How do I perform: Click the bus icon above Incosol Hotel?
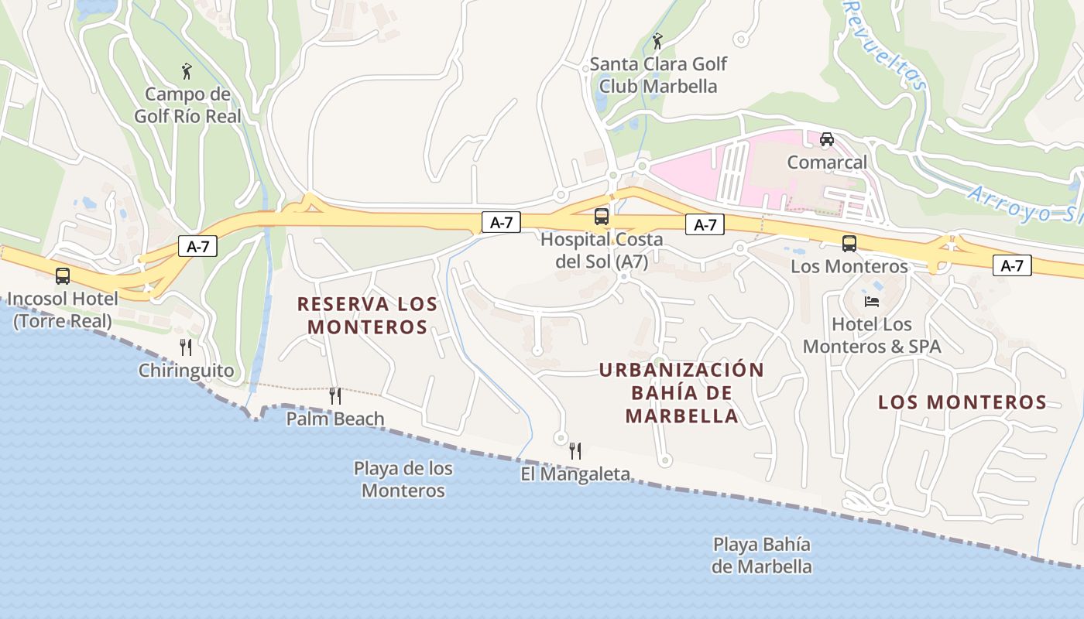click(63, 276)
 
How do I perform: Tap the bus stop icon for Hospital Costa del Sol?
click(602, 217)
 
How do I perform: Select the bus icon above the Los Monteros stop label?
click(849, 244)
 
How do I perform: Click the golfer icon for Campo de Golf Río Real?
click(187, 72)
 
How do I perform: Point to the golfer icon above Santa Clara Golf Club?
click(657, 41)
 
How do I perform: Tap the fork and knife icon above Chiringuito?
click(185, 347)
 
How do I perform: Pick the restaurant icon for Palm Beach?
click(335, 396)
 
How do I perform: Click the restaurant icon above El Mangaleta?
click(575, 451)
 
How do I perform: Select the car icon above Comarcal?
click(827, 139)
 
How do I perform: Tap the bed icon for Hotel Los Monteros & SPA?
click(871, 301)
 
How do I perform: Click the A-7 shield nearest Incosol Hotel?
click(197, 247)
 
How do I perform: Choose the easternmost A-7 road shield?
click(1012, 266)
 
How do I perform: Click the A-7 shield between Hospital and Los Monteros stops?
click(705, 225)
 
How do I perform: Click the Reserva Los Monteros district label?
click(368, 316)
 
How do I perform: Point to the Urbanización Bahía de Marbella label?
click(681, 393)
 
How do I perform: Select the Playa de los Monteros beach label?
click(403, 480)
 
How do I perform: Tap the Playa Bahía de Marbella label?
click(762, 556)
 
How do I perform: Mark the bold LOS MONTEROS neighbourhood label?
click(962, 402)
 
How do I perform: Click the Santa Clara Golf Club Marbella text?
click(658, 75)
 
